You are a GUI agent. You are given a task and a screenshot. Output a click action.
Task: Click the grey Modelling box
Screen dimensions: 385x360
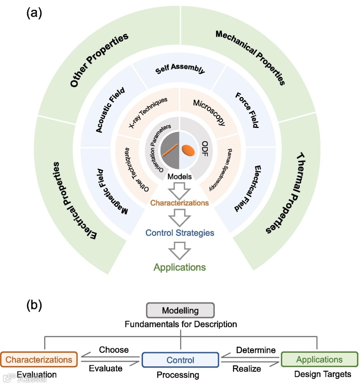(x=180, y=310)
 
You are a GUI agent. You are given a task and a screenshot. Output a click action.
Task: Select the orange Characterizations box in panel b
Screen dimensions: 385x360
(x=39, y=360)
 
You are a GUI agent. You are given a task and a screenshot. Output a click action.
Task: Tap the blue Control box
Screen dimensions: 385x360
(x=180, y=360)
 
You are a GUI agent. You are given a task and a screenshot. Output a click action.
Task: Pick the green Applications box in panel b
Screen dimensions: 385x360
(x=319, y=359)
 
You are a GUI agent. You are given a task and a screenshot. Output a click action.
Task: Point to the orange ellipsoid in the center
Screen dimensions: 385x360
(x=188, y=150)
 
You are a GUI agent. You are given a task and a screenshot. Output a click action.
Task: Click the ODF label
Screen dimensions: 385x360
(x=205, y=149)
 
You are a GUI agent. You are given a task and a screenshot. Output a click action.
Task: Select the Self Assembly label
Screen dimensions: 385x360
(x=180, y=68)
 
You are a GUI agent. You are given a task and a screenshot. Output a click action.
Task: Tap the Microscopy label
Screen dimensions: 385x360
(x=209, y=112)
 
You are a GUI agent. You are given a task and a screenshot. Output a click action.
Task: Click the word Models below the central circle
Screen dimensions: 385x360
(x=179, y=177)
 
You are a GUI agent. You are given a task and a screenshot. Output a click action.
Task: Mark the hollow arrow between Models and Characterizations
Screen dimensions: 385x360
(x=179, y=192)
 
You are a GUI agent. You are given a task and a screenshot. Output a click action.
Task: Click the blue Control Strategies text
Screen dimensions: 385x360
(x=180, y=233)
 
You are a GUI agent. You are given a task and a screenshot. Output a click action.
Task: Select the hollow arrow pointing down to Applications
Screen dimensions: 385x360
(x=179, y=250)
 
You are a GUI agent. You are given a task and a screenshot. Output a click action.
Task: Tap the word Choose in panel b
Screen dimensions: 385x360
(x=114, y=350)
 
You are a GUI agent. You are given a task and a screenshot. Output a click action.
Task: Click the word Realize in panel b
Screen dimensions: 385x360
(x=247, y=369)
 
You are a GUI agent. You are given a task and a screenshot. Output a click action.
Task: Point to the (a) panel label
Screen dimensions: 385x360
(x=34, y=13)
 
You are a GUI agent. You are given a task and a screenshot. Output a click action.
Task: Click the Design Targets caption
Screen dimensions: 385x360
(x=322, y=374)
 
